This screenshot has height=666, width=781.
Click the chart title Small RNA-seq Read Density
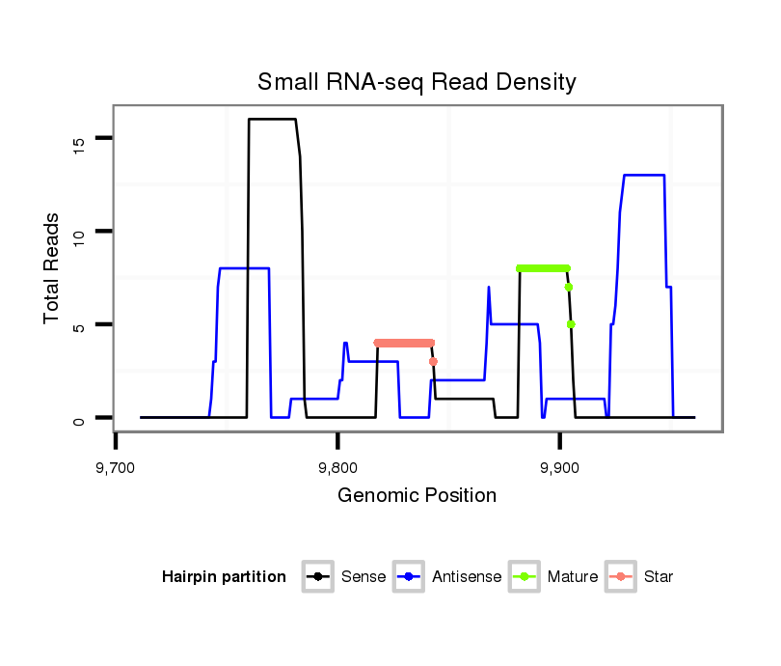(x=417, y=82)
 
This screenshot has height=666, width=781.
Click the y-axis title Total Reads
(x=53, y=268)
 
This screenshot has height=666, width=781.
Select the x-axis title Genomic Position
(x=417, y=496)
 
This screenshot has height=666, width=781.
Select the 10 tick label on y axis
(x=79, y=232)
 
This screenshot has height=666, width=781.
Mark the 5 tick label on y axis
(x=79, y=325)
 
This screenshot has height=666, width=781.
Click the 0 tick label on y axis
(x=79, y=419)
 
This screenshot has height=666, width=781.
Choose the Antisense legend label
(x=467, y=577)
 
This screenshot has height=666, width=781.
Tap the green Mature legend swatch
(x=528, y=577)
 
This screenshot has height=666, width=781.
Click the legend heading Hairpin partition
(x=224, y=577)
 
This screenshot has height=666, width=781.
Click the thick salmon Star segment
(x=404, y=343)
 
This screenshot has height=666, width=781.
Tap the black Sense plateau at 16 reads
(x=273, y=119)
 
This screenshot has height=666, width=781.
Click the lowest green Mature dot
(x=571, y=324)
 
